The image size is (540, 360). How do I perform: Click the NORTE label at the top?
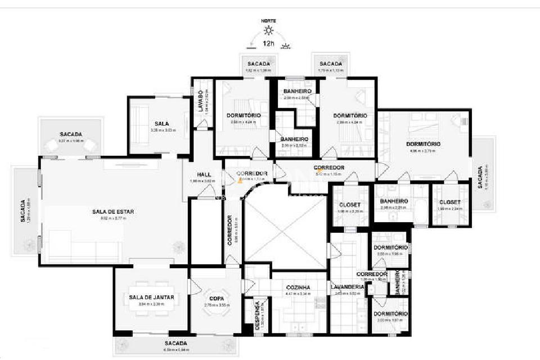click(x=269, y=21)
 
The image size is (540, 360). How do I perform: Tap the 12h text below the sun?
click(x=268, y=43)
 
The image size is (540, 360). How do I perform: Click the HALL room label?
click(x=204, y=174)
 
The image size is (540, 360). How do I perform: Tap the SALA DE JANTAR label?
click(x=151, y=297)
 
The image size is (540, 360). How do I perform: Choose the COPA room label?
click(x=217, y=298)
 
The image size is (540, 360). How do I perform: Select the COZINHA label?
click(x=298, y=287)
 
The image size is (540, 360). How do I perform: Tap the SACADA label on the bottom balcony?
click(x=176, y=343)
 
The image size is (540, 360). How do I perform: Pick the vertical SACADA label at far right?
click(x=480, y=178)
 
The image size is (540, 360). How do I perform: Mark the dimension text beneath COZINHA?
click(x=298, y=293)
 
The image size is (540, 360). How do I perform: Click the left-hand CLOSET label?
click(x=349, y=204)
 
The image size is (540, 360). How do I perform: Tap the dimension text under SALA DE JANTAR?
click(x=151, y=304)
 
